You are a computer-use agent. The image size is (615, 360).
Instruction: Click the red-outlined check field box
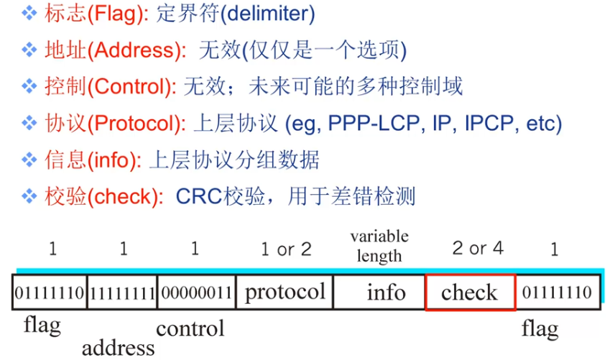470,292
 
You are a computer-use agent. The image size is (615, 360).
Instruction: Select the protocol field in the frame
285,292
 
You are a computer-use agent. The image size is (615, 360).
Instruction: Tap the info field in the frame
386,292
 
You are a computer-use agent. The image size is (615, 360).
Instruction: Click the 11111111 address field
122,292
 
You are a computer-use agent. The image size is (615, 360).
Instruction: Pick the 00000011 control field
195,292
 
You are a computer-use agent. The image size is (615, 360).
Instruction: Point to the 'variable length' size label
379,246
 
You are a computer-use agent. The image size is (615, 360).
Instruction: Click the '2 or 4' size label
478,249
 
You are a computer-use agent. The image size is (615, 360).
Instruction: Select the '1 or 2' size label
285,249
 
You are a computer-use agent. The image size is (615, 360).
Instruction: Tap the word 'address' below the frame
118,349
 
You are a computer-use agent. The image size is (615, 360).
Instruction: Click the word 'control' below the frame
190,328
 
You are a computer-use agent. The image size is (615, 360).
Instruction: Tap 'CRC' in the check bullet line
195,196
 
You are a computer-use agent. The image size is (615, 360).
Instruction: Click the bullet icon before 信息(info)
29,160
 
